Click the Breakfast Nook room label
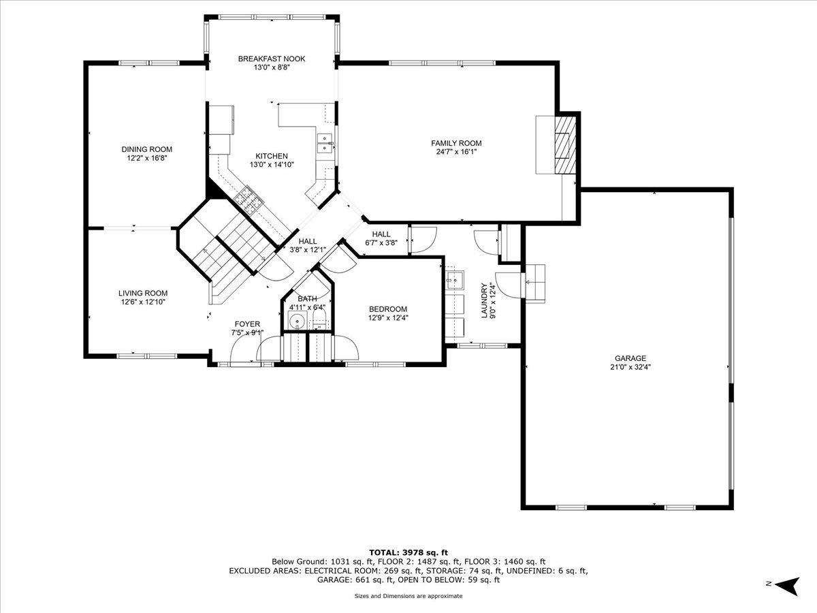click(x=272, y=59)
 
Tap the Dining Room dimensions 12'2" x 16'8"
click(x=146, y=158)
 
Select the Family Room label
click(x=456, y=143)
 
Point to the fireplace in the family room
click(x=565, y=145)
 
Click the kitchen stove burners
click(x=249, y=200)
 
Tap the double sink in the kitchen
click(x=325, y=143)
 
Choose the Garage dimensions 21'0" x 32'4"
click(x=630, y=366)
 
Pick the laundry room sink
click(x=455, y=279)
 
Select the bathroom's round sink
click(x=298, y=320)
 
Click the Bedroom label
click(x=388, y=309)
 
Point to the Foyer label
click(x=247, y=324)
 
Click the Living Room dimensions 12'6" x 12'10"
click(x=143, y=302)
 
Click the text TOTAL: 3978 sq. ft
click(x=408, y=552)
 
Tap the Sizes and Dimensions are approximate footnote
click(x=408, y=596)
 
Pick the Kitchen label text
click(x=272, y=156)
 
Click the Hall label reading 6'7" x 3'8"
click(x=381, y=242)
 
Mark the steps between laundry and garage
click(x=535, y=283)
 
